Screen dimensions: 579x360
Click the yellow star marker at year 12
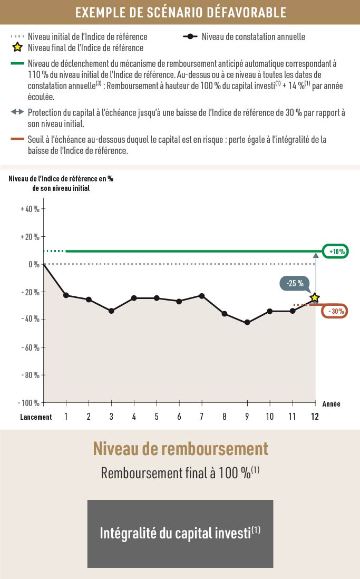[315, 298]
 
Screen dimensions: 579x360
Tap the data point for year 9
[247, 322]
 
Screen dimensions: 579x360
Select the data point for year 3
[111, 311]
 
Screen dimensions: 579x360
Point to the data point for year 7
[202, 296]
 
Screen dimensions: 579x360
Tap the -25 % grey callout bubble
[295, 284]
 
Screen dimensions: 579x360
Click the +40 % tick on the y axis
[30, 209]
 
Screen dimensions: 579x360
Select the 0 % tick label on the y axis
[33, 264]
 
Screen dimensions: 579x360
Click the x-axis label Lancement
[36, 417]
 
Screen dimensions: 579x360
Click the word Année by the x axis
[330, 404]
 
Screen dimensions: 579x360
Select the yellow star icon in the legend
[17, 47]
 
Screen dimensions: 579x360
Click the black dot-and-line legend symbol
[190, 37]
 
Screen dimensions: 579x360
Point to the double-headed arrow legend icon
[17, 112]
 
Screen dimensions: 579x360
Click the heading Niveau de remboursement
[180, 449]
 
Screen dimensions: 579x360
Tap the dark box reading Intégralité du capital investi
[180, 533]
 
